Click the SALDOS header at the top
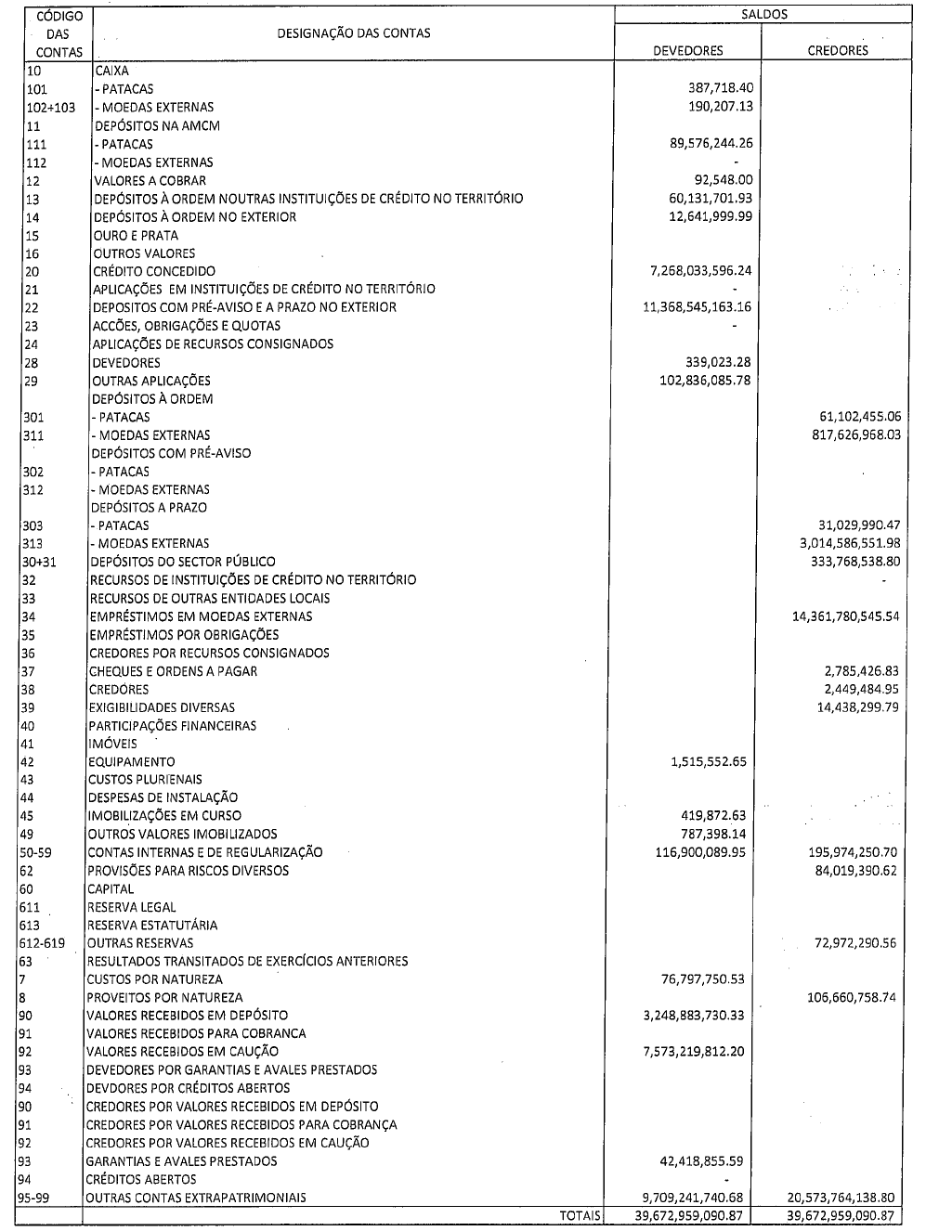pos(763,15)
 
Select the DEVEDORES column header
pos(688,51)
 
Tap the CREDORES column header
pos(838,51)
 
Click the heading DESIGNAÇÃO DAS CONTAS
pos(354,33)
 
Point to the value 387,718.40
pos(717,88)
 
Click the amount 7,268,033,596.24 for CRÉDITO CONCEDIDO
pos(698,271)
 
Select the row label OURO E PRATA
pos(136,235)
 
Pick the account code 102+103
pos(50,107)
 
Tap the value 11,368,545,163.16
pos(698,307)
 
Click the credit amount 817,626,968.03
pos(852,434)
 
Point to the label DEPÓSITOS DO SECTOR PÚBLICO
pos(183,562)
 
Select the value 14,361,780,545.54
pos(845,616)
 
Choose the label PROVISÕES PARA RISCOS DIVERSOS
pos(188,871)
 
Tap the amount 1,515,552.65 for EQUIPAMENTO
pos(708,761)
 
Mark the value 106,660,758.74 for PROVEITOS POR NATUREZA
pos(852,998)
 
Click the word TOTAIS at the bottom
pos(580,1215)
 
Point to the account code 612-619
pos(43,943)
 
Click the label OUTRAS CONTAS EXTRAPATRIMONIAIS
pos(196,1198)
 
